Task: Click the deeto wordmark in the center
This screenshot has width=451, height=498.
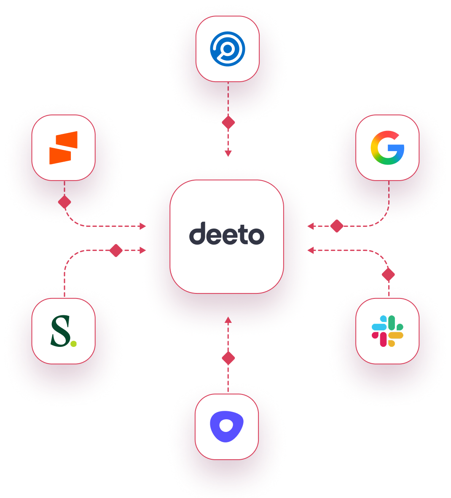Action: coord(226,234)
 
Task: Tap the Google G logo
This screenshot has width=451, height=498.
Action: coord(387,148)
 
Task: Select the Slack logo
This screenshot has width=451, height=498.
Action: coord(387,331)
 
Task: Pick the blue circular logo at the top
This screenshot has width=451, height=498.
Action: coord(228,49)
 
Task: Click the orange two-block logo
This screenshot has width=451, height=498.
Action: coord(64,148)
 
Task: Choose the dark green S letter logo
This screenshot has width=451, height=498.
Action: coord(61,331)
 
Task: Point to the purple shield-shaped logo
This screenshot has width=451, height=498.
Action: coord(227,426)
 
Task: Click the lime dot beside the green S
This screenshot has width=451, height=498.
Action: coord(74,344)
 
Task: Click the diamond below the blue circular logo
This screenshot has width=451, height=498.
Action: coord(228,122)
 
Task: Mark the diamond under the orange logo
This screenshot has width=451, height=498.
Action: coord(64,202)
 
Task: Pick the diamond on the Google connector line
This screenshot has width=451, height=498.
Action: coord(337,226)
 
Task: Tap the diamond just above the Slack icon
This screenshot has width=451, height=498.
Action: coord(388,274)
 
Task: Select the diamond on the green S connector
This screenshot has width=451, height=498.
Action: coord(115,250)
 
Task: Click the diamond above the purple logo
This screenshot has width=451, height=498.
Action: coord(228,358)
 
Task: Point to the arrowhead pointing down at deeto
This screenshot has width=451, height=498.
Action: coord(228,154)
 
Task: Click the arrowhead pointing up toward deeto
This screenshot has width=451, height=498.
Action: coord(228,320)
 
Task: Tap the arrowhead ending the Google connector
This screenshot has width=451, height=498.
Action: coord(311,226)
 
